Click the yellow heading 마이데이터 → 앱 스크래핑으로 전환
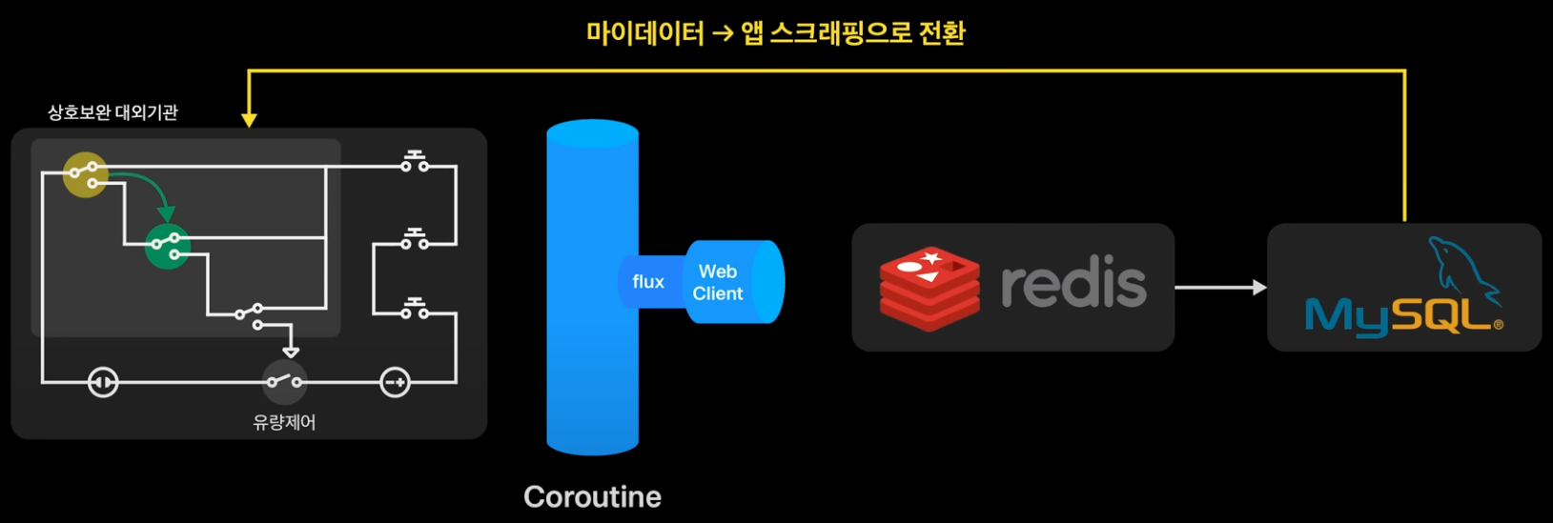775,33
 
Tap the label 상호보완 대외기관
112,112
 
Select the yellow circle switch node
85,174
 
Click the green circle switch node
167,247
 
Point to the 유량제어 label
284,422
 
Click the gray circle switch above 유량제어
284,382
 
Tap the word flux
648,282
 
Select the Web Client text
717,283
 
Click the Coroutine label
592,496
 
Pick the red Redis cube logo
929,288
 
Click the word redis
1073,284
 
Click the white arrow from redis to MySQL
1220,287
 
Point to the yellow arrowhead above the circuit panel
249,120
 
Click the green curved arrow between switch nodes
153,188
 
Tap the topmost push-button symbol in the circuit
415,162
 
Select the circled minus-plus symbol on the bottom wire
395,383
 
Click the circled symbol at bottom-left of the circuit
103,383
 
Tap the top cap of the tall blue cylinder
592,134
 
